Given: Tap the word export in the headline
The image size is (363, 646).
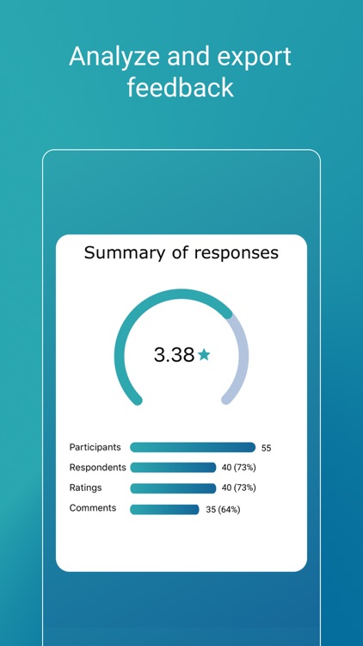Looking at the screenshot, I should (249, 58).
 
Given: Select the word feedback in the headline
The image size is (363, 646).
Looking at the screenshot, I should (181, 88).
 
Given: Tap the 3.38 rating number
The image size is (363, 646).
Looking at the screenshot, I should (174, 355).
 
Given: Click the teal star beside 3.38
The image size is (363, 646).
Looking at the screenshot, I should (204, 355).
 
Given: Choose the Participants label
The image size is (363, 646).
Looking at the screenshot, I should (95, 447).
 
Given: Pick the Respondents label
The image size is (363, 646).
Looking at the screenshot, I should (97, 468).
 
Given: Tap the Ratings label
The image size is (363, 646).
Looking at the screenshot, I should (85, 488).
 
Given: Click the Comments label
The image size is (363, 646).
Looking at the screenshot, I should (92, 508).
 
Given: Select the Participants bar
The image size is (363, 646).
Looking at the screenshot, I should (193, 448).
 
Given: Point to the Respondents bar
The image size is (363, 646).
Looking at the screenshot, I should (173, 468).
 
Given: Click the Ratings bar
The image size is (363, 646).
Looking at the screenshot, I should (173, 488).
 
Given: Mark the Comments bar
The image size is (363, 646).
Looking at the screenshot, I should (164, 509).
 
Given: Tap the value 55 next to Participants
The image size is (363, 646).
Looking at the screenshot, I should (266, 448).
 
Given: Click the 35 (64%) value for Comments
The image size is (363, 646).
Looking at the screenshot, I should (223, 509).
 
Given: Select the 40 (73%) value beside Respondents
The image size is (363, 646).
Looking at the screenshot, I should (239, 468).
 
